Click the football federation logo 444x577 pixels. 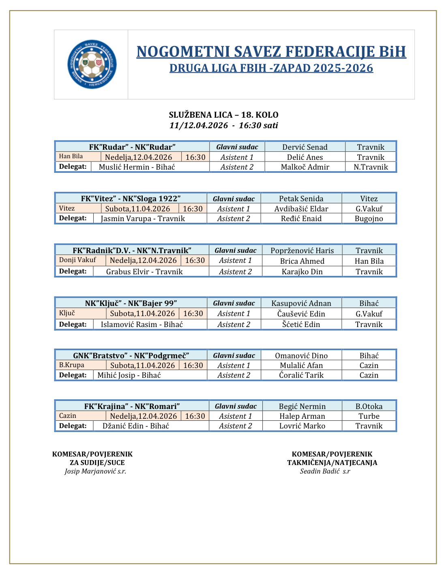coord(92,64)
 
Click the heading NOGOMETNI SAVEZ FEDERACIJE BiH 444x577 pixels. coord(271,52)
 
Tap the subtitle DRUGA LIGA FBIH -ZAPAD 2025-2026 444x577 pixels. coord(271,68)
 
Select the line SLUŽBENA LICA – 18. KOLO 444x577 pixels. coord(223,115)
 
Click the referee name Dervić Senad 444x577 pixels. coord(305,147)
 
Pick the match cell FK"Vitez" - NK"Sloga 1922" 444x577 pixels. coord(131,198)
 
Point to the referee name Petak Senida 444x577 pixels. coord(301,198)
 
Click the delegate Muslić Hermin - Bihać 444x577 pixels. coord(137,167)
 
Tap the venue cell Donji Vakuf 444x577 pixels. coord(77,260)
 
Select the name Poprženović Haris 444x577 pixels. coord(302,250)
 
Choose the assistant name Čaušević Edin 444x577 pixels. coord(301,314)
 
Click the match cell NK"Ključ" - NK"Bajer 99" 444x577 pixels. coord(131,303)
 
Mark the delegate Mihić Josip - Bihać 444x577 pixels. coord(129,375)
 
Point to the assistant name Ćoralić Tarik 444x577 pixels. coord(301,375)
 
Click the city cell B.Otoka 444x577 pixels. coord(369,406)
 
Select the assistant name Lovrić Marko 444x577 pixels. coord(302,426)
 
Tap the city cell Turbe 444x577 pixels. coord(369,416)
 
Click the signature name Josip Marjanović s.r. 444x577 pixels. coord(95,472)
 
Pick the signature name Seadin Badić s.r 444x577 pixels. coord(325,472)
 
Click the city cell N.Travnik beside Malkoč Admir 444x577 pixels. coord(371,167)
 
